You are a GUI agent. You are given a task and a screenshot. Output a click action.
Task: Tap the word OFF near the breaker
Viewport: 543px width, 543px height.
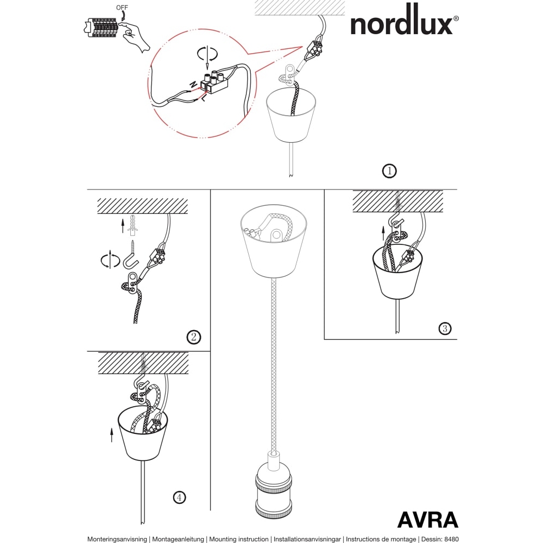pos(123,8)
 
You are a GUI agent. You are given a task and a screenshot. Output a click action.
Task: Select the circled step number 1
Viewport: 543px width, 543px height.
pos(389,171)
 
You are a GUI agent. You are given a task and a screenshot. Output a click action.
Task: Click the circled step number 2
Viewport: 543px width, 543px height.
pos(193,337)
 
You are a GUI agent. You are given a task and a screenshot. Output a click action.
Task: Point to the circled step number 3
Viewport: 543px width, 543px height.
pos(445,328)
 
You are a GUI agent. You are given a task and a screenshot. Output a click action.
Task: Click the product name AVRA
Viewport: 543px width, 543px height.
pos(427,520)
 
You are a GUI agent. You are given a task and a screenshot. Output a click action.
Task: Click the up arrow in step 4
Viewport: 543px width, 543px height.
pos(111,434)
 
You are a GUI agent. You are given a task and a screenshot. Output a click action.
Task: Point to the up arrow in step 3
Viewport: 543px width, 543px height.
pos(383,233)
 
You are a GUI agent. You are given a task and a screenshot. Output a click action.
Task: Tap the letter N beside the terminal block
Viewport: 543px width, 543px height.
pos(193,84)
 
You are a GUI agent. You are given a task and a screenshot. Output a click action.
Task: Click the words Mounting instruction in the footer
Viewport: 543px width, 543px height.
pos(238,539)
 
